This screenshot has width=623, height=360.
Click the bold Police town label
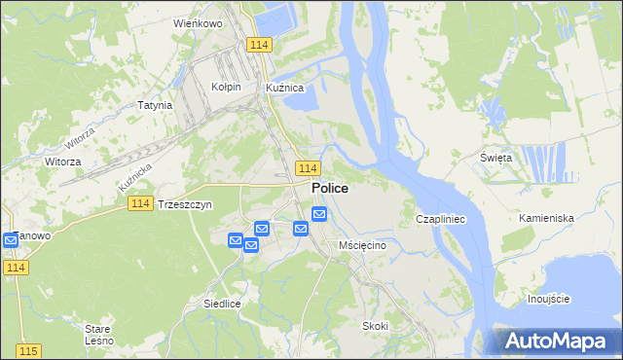(330, 188)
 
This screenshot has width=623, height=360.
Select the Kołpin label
(225, 87)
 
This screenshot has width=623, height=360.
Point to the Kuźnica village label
(286, 87)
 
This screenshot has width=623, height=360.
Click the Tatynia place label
(155, 105)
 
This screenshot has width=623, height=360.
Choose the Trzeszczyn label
(184, 205)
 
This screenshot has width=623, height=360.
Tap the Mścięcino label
(363, 245)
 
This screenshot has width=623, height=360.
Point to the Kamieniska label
(546, 218)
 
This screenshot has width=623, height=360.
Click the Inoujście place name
(547, 299)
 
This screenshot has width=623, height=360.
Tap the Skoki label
(375, 326)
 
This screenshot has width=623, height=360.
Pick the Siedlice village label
(222, 304)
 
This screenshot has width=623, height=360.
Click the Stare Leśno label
(98, 335)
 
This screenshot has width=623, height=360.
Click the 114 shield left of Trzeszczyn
(139, 202)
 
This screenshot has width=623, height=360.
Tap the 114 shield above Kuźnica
(258, 46)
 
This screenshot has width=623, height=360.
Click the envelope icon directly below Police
(319, 214)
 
